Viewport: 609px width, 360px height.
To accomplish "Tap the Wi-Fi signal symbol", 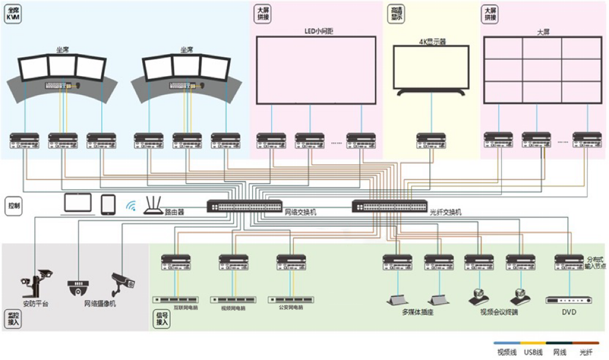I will pyautogui.click(x=131, y=206).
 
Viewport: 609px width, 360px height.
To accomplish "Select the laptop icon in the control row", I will pyautogui.click(x=78, y=204).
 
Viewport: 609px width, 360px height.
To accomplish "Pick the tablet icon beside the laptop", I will pyautogui.click(x=108, y=204).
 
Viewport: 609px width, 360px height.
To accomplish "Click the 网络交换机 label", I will pyautogui.click(x=301, y=212).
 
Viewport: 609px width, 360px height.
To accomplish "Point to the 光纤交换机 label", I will pyautogui.click(x=446, y=212).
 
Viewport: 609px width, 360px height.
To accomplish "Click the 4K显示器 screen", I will pyautogui.click(x=432, y=67).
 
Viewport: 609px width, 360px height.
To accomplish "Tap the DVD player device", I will pyautogui.click(x=568, y=300).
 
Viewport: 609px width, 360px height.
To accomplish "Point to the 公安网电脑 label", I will pyautogui.click(x=291, y=308).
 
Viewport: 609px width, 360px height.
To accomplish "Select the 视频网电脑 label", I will pyautogui.click(x=233, y=308).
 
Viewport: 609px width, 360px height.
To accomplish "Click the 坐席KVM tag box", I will pyautogui.click(x=13, y=15).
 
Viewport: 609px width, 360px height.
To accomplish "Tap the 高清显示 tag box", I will pyautogui.click(x=395, y=14).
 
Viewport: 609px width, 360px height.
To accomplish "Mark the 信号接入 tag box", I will pyautogui.click(x=162, y=319).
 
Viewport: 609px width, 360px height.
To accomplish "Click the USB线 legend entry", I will pyautogui.click(x=533, y=352).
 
